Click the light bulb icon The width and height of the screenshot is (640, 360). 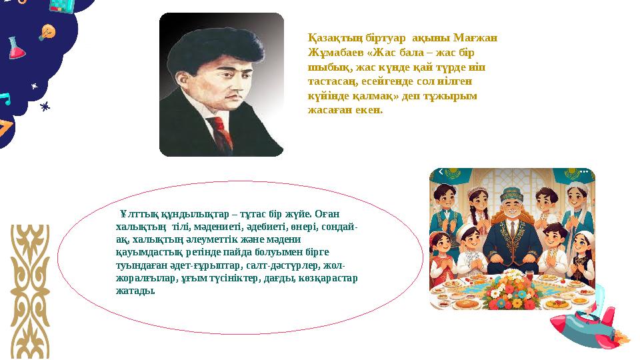(x=47, y=31)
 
